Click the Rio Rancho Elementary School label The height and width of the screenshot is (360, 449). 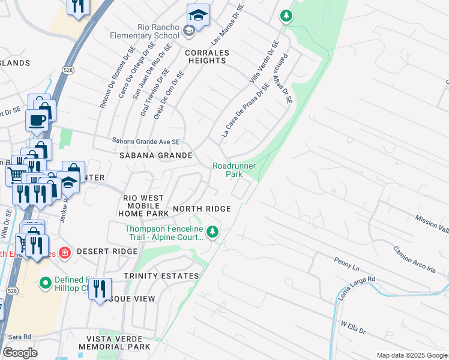(x=144, y=31)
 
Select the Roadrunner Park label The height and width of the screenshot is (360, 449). (x=234, y=170)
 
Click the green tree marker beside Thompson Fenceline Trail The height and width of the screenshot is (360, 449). (x=212, y=232)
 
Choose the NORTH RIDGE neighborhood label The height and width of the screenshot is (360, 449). (x=202, y=209)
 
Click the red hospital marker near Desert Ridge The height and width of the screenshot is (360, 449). (x=64, y=253)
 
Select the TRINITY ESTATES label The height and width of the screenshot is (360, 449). (x=161, y=276)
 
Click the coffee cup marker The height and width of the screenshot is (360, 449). (x=37, y=120)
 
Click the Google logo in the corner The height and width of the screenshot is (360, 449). (x=20, y=352)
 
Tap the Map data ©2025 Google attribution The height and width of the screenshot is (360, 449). (x=411, y=355)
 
